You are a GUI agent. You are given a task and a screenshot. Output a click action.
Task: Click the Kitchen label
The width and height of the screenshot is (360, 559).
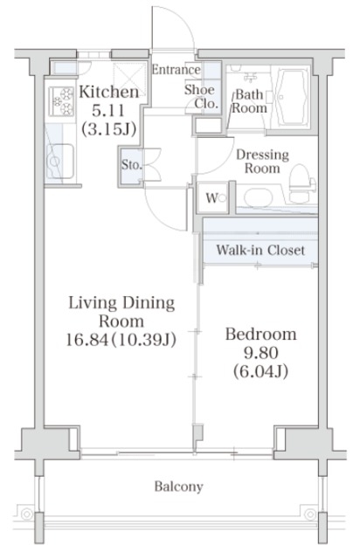pos(109,92)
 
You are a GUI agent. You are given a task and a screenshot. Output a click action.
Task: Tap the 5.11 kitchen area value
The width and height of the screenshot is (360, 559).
pos(108,111)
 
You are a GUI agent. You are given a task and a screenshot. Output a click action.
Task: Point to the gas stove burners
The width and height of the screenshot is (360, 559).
pos(62,101)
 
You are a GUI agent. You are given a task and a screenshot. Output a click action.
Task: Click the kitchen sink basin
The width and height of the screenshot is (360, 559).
pos(60,161)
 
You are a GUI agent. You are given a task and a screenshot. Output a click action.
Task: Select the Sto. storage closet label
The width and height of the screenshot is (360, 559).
pos(132,165)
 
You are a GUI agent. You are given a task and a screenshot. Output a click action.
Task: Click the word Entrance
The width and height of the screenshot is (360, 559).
pos(176,70)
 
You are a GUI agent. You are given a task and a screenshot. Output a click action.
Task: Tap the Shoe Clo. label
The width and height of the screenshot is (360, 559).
pos(201,96)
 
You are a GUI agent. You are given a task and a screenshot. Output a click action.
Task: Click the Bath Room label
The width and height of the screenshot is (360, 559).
pos(249,101)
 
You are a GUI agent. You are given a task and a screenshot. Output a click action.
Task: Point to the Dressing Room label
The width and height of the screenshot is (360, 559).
pos(262,161)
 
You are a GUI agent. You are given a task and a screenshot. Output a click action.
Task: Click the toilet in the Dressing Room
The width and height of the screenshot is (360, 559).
pos(301,184)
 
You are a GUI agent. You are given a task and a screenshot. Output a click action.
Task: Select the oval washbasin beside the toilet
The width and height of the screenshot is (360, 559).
pos(258,197)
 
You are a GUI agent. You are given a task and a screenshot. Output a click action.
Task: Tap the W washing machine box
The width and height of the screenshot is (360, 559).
pos(212,198)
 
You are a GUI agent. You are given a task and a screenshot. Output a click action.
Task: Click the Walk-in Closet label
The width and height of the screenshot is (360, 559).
pos(260,250)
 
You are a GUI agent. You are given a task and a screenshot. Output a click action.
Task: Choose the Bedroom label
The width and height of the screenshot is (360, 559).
pos(260,335)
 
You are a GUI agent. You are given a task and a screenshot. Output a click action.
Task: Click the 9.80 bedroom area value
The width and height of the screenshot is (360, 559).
pos(260,353)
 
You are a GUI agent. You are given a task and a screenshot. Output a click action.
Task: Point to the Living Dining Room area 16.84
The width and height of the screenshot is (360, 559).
pos(87,340)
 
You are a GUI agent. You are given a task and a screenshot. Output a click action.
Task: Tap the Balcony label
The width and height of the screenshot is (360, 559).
pos(179,487)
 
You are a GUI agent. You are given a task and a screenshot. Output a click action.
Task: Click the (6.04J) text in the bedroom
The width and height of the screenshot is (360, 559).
pos(260,372)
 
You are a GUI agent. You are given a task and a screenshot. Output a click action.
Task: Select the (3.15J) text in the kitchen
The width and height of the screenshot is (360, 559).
pos(109,129)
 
